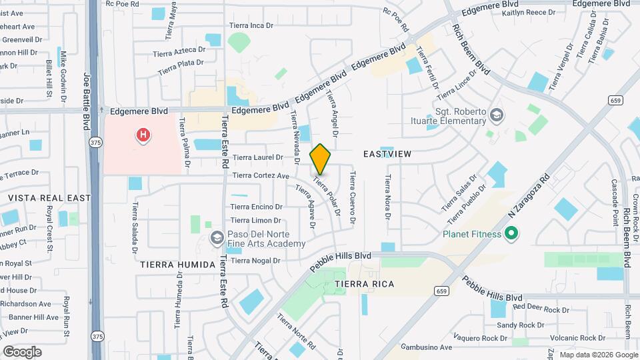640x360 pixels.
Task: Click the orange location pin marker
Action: pos(321,159)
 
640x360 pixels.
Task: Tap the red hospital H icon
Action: pos(142,136)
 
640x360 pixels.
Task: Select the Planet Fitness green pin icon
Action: pos(511,234)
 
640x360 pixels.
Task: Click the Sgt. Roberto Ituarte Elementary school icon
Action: pos(495,115)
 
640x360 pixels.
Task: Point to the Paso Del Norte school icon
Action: pos(217,238)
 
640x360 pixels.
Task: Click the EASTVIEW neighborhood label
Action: pos(387,154)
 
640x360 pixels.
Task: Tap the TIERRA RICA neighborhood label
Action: pos(365,284)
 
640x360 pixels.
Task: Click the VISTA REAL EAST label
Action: pos(49,198)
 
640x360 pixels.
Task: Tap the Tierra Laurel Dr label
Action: pos(258,158)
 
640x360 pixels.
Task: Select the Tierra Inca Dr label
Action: pos(251,25)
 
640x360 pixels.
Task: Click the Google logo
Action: pos(22,352)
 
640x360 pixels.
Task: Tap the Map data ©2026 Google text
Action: pos(597,355)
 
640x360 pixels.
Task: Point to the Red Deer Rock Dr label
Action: pos(541,310)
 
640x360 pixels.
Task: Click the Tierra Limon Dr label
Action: pos(257,221)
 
